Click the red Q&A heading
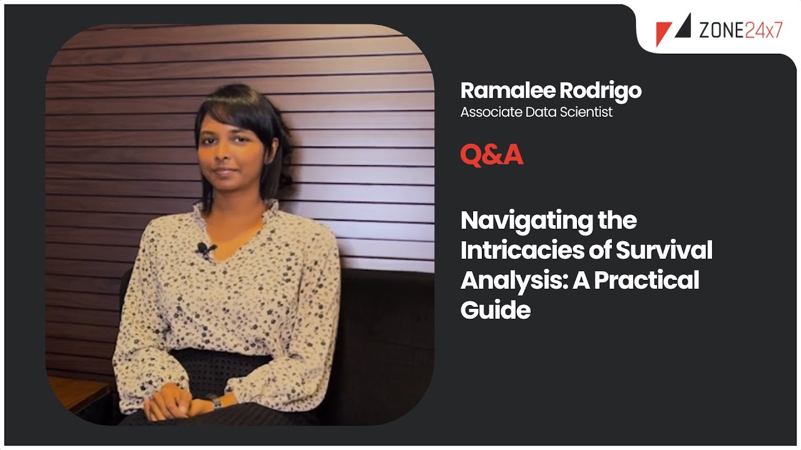pos(491,155)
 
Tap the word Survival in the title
pos(664,251)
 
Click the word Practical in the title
pos(646,281)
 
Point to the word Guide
pos(495,309)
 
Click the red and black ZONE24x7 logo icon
pos(672,29)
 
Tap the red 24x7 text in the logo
pos(763,29)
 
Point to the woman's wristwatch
pos(216,400)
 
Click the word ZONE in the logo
pos(720,29)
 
